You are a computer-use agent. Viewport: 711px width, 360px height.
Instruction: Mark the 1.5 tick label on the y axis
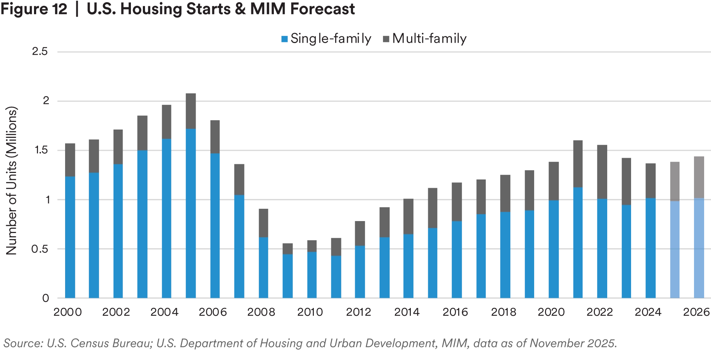point(42,151)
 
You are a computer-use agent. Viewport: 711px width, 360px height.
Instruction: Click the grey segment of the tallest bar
point(191,111)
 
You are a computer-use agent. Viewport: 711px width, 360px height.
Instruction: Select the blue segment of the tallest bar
point(191,213)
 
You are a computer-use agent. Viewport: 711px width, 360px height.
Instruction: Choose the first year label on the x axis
point(68,313)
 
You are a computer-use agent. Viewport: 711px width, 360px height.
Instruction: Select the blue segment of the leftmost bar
point(69,237)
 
